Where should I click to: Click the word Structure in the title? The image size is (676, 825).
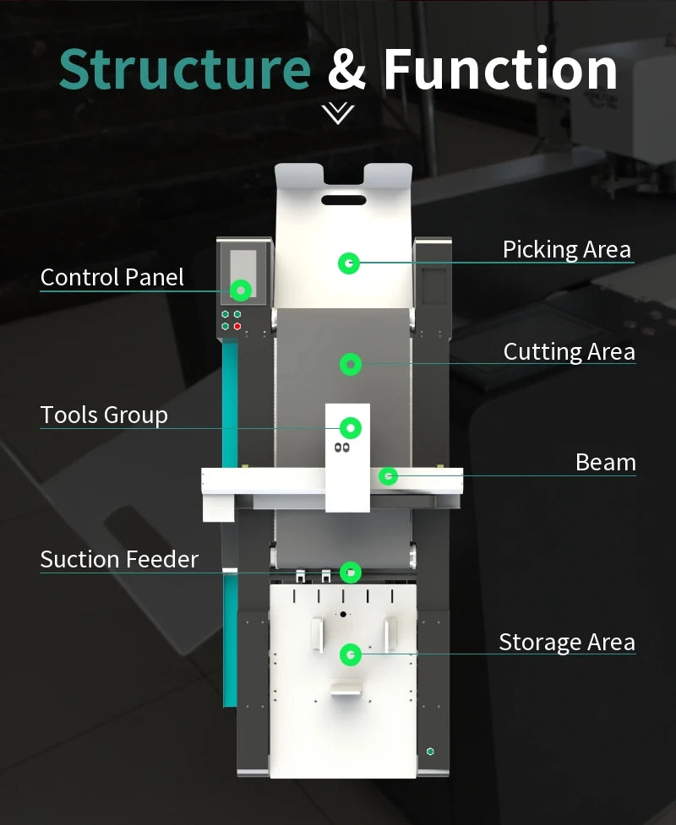point(185,68)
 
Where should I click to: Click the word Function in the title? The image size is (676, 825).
point(500,68)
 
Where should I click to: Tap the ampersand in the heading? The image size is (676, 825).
point(346,68)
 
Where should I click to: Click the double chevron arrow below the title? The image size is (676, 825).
point(338,113)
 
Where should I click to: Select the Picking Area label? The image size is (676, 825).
point(566,250)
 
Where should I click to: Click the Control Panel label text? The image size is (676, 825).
point(112,277)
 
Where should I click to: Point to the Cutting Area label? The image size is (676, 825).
point(570,352)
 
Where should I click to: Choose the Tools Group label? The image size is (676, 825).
point(104,415)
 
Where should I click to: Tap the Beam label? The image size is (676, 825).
point(606,463)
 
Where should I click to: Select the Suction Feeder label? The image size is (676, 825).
point(119,559)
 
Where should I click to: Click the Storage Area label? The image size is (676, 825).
point(567,643)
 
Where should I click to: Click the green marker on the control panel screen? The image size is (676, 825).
point(241,290)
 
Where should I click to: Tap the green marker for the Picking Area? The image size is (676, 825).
point(348,263)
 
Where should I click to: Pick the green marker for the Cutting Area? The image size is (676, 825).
point(351,364)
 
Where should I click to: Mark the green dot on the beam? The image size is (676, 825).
point(389,476)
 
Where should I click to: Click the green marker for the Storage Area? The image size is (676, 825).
point(351,654)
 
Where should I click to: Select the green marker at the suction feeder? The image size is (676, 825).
point(351,573)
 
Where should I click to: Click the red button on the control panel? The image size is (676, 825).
point(237,327)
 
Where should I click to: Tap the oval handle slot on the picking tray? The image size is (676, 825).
point(344,200)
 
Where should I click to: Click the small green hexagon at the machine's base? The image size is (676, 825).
point(430,752)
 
